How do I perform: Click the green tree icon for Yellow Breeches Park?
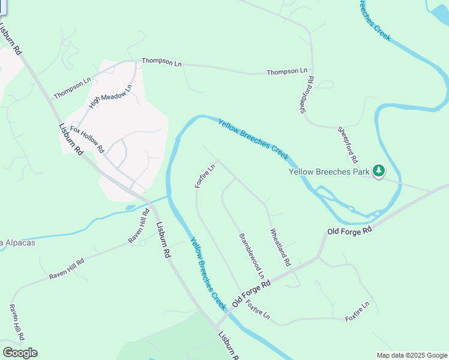pyautogui.click(x=378, y=171)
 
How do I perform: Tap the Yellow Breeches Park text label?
pyautogui.click(x=328, y=172)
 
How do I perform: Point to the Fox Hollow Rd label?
pyautogui.click(x=87, y=139)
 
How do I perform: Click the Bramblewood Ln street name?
pyautogui.click(x=252, y=256)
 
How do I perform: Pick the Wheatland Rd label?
pyautogui.click(x=280, y=247)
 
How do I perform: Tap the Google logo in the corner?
pyautogui.click(x=20, y=353)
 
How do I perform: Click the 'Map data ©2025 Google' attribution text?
pyautogui.click(x=411, y=355)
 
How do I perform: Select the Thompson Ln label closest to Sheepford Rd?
pyautogui.click(x=287, y=72)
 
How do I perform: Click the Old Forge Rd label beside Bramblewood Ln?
pyautogui.click(x=252, y=293)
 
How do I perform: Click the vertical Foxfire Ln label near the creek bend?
pyautogui.click(x=205, y=176)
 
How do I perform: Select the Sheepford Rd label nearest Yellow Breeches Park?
pyautogui.click(x=347, y=144)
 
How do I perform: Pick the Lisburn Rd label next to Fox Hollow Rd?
pyautogui.click(x=71, y=140)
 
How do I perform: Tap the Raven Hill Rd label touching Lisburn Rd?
pyautogui.click(x=139, y=226)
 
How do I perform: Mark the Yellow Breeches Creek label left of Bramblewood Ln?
pyautogui.click(x=209, y=273)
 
